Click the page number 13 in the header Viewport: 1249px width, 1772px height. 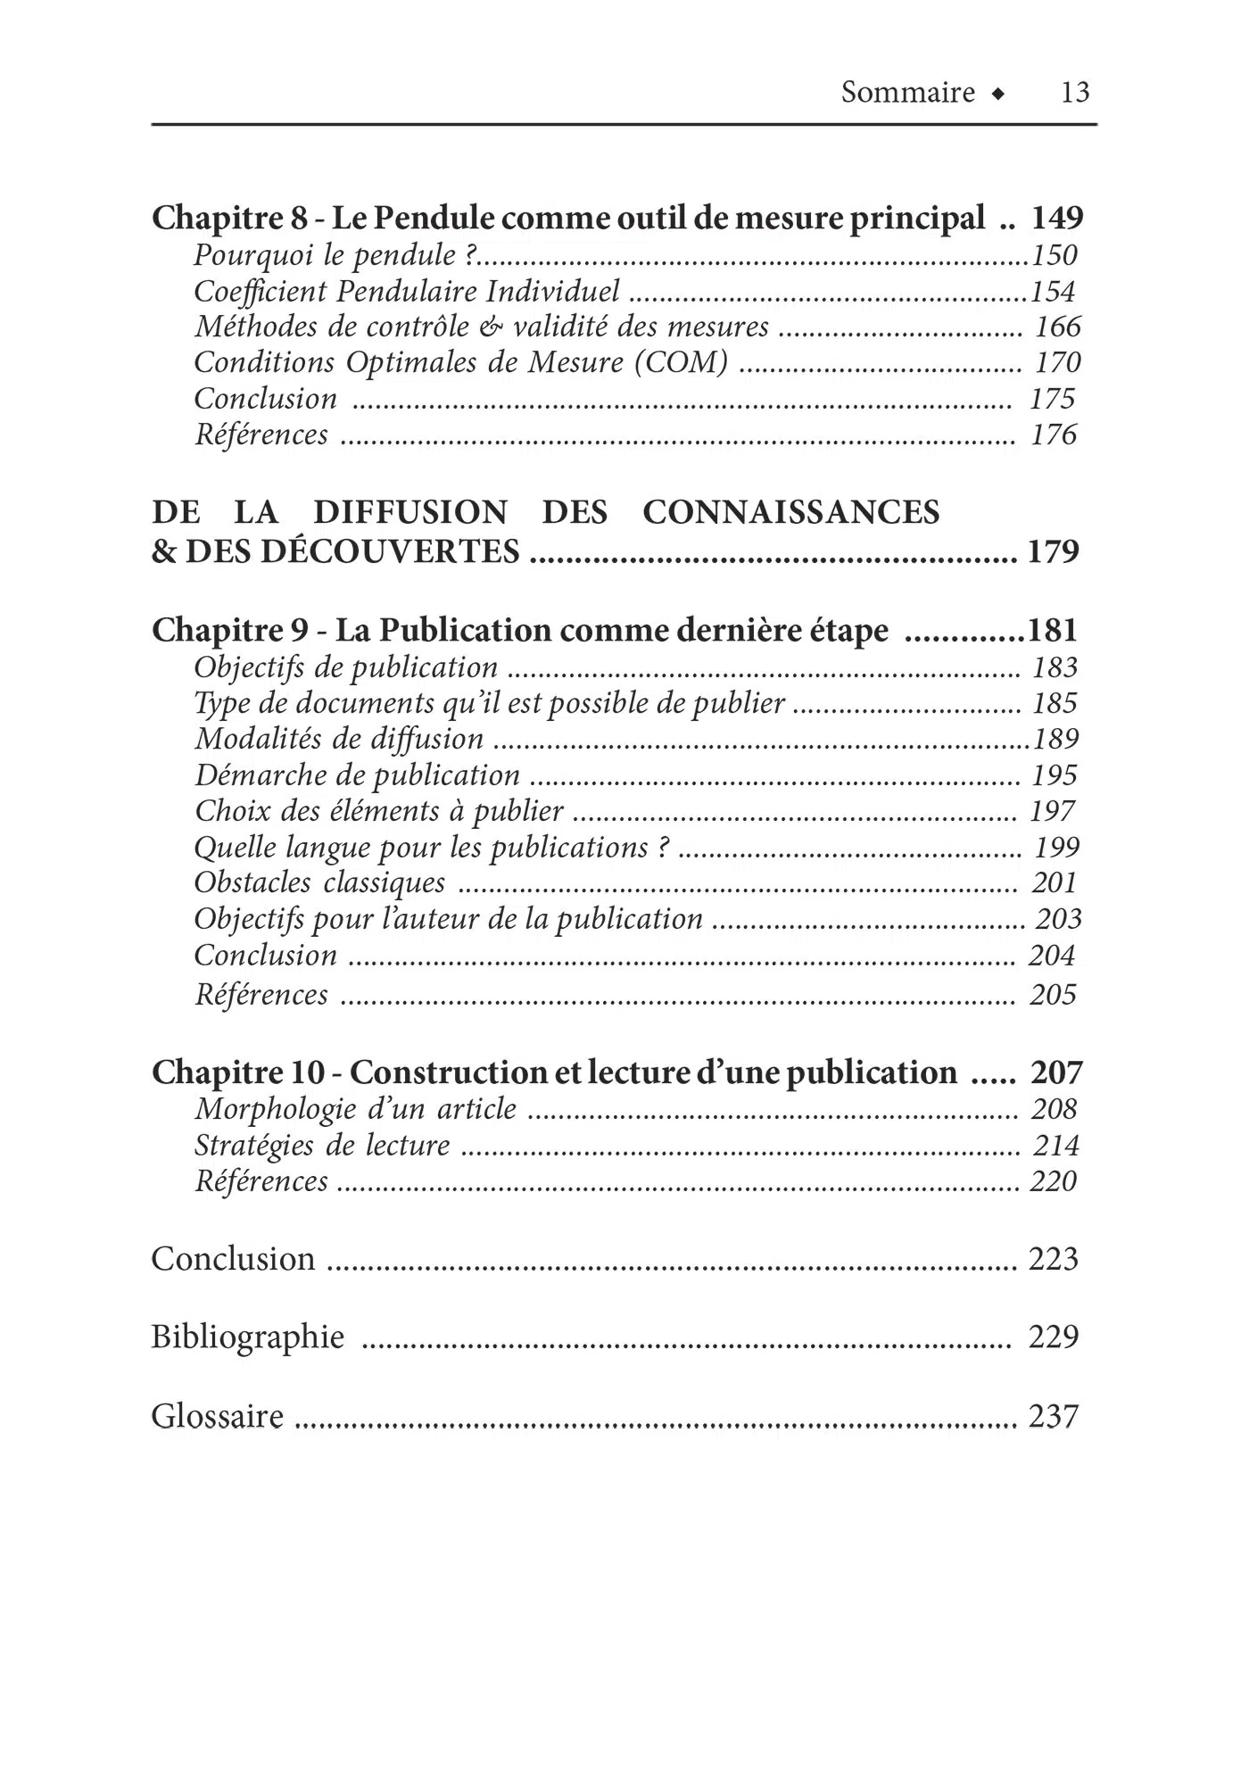coord(1074,92)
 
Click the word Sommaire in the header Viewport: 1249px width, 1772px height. coord(907,92)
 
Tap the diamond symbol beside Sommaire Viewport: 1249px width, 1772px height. coord(998,93)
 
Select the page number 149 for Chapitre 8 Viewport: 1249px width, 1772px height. coord(1057,217)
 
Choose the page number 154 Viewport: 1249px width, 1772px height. coord(1053,291)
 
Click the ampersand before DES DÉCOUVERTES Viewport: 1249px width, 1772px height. coord(164,551)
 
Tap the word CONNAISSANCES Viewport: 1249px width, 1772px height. coord(790,512)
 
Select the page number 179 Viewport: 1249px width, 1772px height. coord(1053,551)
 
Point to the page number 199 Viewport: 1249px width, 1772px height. coord(1056,847)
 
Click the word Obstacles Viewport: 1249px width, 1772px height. coord(252,882)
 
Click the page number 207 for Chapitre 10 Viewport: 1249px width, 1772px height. coord(1056,1072)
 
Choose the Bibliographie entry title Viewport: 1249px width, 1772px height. coord(247,1337)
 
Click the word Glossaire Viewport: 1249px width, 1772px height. coord(217,1416)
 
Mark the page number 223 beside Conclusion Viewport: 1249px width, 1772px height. coord(1053,1258)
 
